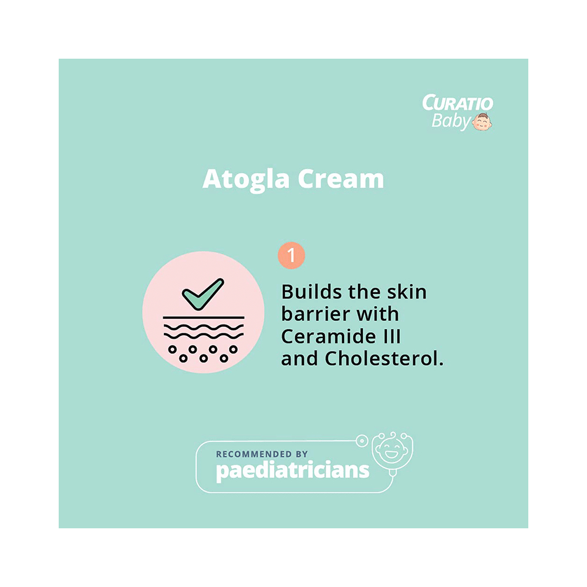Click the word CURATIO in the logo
point(457,104)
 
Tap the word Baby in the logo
point(451,121)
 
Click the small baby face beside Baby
point(483,122)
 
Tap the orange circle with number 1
point(291,257)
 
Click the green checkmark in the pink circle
point(203,294)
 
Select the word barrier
point(316,314)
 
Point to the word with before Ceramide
point(378,314)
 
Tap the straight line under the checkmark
point(203,317)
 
